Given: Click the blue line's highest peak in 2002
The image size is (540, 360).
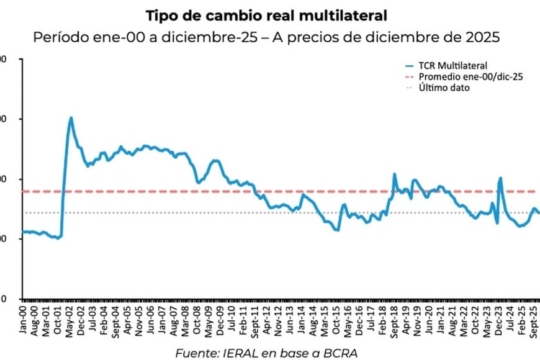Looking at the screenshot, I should pyautogui.click(x=71, y=117).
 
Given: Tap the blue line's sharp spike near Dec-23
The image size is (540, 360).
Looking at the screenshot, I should pyautogui.click(x=500, y=178).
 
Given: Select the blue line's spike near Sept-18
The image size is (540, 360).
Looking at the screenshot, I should pyautogui.click(x=395, y=174).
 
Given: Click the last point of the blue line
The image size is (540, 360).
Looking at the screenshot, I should pyautogui.click(x=539, y=213).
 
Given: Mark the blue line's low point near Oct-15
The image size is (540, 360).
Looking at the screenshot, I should pyautogui.click(x=337, y=230).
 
